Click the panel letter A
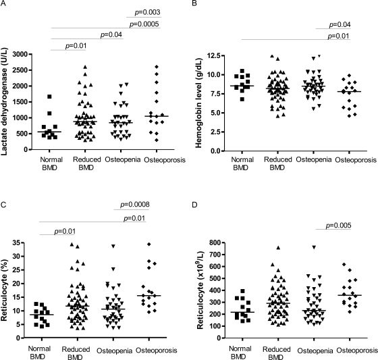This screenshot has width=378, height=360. coord(5,5)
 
